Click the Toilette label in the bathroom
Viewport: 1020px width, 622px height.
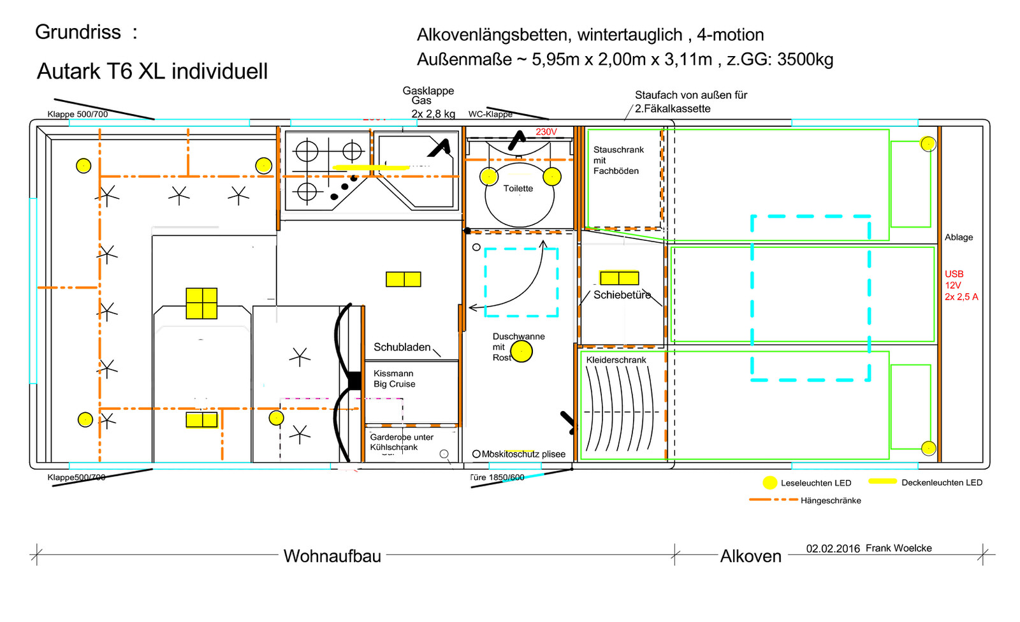coord(518,189)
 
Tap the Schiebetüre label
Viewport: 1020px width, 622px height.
coord(622,295)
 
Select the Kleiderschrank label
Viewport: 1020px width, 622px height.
coord(616,360)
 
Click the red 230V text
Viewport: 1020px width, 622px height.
coord(546,132)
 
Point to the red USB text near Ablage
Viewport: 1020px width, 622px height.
coord(954,274)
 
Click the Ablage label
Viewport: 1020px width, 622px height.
coord(958,237)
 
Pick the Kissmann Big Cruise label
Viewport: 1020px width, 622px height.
coord(394,379)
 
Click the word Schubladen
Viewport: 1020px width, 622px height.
coord(402,347)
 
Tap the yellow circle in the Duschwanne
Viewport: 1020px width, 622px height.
coord(521,351)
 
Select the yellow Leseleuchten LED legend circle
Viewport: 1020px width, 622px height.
coord(769,482)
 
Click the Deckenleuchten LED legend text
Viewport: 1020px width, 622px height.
coord(942,482)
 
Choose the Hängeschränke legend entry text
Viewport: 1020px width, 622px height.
coord(831,501)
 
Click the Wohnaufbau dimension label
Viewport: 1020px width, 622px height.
coord(332,556)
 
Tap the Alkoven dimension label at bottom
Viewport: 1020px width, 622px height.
coord(750,556)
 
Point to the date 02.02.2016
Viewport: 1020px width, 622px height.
coord(833,549)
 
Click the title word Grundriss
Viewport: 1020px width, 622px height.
coord(78,32)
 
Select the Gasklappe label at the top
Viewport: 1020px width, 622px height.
coord(428,91)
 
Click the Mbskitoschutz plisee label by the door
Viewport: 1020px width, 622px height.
coord(523,454)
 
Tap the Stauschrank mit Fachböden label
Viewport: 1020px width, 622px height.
coord(618,160)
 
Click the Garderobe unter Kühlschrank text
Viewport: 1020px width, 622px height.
coord(401,442)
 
